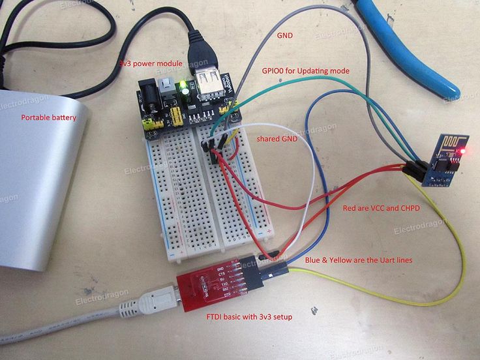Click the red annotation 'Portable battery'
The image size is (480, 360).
[48, 118]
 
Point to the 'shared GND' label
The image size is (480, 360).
[277, 139]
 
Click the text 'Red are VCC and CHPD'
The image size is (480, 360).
[382, 208]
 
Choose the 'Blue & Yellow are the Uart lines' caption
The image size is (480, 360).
[358, 260]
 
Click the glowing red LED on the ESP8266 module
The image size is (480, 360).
[462, 151]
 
